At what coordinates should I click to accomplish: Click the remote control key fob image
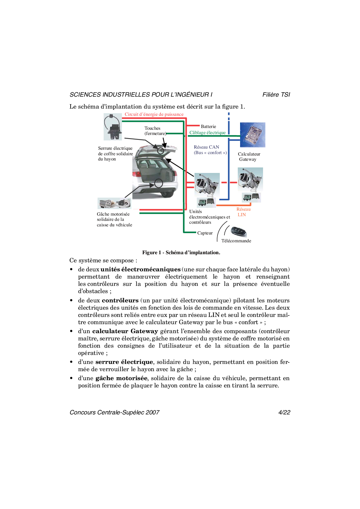238,231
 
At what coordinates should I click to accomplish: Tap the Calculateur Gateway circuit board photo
253,135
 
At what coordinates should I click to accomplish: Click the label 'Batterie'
208,127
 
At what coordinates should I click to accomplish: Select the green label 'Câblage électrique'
207,133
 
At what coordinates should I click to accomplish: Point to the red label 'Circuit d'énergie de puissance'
154,114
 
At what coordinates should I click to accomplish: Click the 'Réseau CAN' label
206,147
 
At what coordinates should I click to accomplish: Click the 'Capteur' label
205,233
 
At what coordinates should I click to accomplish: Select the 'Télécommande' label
236,241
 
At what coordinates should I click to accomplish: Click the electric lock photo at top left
113,127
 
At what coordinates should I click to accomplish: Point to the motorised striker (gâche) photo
114,203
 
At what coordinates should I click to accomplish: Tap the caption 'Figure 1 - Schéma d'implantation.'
181,252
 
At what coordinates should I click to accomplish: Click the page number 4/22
284,412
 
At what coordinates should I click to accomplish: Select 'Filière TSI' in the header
276,95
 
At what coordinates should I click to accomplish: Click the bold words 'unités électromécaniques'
141,269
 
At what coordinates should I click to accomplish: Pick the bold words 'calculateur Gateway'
125,331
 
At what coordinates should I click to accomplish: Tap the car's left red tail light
136,174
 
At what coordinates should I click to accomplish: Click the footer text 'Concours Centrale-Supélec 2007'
115,412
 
